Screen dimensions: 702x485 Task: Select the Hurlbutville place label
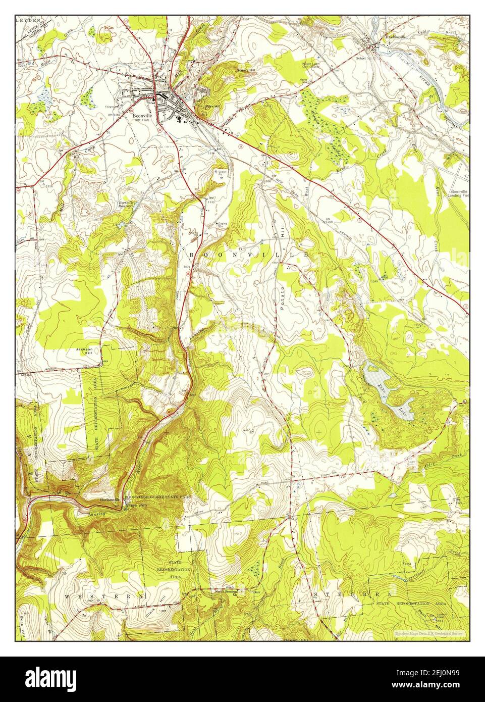click(x=111, y=500)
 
